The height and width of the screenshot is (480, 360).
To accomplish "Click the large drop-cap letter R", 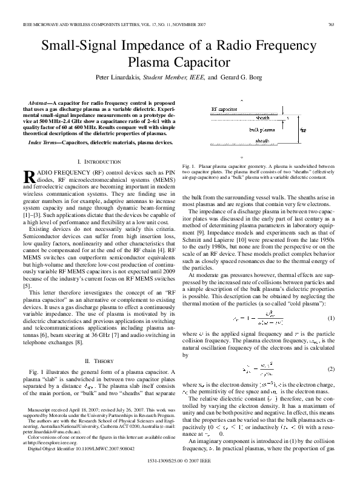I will (29, 176).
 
